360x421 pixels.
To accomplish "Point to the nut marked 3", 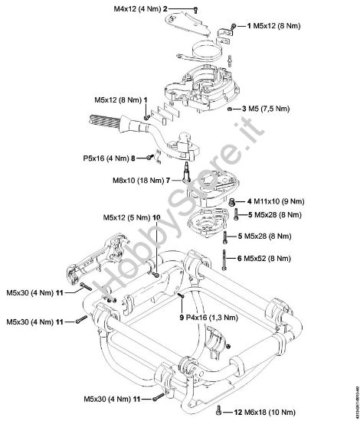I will (231, 110).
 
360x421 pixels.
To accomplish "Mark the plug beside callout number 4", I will (233, 201).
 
